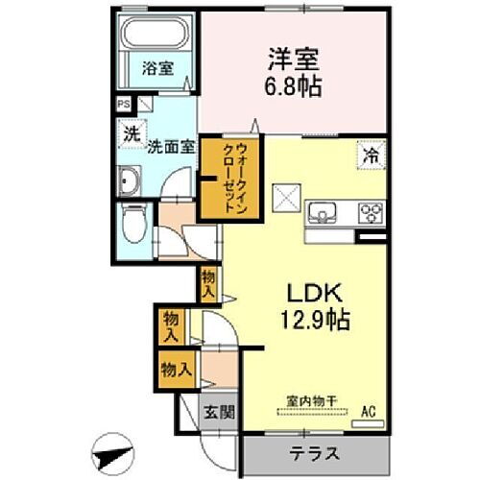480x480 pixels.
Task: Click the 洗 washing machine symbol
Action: point(130,135)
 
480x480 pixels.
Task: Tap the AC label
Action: point(367,414)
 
